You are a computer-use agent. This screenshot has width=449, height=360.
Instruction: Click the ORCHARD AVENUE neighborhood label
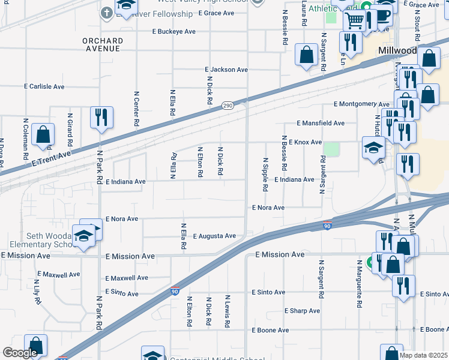click(x=103, y=44)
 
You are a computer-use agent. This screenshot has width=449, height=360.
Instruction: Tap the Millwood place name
click(x=396, y=52)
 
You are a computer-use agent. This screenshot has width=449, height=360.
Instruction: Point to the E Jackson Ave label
click(x=226, y=70)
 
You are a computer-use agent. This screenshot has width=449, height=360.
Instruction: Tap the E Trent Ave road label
click(x=52, y=158)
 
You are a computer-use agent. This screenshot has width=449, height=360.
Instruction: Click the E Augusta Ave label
click(x=214, y=236)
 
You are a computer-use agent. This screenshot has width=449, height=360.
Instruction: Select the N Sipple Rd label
click(x=265, y=175)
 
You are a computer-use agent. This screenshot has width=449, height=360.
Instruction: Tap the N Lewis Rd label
click(x=228, y=311)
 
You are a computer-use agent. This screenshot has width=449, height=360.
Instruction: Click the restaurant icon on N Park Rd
click(x=101, y=117)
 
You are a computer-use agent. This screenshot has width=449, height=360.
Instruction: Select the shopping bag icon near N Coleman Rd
click(x=43, y=134)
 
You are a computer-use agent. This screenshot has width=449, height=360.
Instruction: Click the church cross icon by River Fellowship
click(x=107, y=12)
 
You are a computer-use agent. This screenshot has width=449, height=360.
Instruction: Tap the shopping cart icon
click(x=354, y=20)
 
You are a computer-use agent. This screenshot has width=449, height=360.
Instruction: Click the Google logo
click(x=20, y=352)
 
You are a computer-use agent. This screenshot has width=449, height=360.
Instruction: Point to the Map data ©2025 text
click(x=423, y=355)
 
